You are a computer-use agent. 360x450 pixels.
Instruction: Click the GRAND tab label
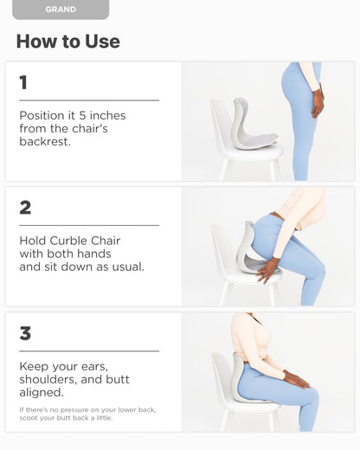61,10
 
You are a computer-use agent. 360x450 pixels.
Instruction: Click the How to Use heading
67,42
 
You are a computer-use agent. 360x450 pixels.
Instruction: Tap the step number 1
23,83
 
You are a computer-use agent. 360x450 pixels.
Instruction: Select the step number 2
25,208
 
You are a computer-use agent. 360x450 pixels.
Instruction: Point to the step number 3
25,333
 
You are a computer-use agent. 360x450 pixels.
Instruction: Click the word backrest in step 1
46,142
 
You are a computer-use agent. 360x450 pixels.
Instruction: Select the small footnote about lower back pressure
87,414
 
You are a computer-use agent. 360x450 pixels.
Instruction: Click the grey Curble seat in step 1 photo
250,126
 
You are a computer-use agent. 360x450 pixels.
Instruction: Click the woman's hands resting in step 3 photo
297,379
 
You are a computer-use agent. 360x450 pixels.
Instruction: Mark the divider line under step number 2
89,225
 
